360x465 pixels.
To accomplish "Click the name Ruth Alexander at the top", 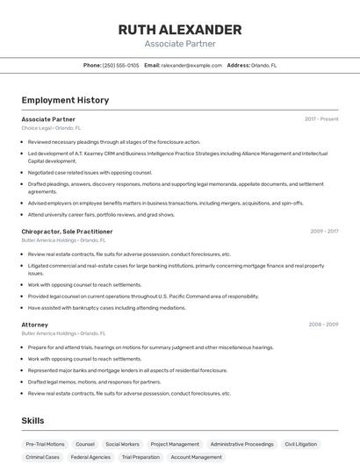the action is coord(180,30).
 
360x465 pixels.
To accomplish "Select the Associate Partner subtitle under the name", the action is coord(180,44).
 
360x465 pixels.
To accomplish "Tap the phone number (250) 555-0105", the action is coord(120,65).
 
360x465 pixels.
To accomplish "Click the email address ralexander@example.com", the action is coord(191,65).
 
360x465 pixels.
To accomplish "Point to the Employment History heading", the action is coord(65,100).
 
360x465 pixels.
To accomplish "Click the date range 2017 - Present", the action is coord(321,118).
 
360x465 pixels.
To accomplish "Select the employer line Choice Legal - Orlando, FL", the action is coord(51,128).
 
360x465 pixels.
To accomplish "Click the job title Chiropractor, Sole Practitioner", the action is coord(68,232).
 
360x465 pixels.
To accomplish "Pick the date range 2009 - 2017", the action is coord(324,232).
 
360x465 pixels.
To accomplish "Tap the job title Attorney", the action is coord(35,325).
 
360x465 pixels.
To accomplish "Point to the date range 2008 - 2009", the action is coord(323,325).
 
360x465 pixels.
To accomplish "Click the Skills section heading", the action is coord(33,421).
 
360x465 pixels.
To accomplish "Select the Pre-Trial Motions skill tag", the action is coord(45,444).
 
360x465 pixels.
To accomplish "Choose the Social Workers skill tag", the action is coord(122,444).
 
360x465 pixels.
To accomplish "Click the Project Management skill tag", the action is coord(175,444).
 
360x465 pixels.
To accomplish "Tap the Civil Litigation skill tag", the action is coord(301,444).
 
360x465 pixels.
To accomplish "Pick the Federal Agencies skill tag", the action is coord(90,457).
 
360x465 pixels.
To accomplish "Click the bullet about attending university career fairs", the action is coord(100,214).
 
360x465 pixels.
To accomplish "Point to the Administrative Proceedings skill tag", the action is coord(241,444).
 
